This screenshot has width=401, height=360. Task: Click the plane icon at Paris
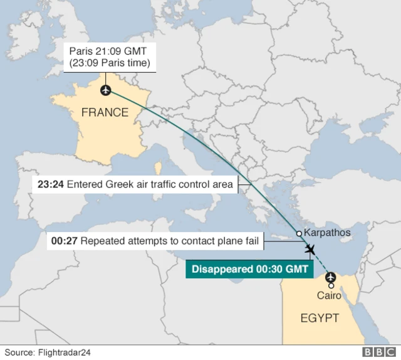pyautogui.click(x=105, y=91)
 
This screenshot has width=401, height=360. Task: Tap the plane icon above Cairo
pyautogui.click(x=331, y=277)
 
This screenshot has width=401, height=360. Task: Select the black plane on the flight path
pyautogui.click(x=310, y=250)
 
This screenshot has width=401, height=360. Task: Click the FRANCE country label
pyautogui.click(x=105, y=113)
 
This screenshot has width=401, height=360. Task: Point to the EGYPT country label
pyautogui.click(x=319, y=318)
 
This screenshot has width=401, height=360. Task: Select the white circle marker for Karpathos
pyautogui.click(x=299, y=233)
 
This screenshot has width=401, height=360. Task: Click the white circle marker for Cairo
pyautogui.click(x=331, y=286)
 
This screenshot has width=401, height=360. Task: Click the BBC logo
pyautogui.click(x=378, y=352)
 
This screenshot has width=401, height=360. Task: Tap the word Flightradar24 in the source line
pyautogui.click(x=65, y=352)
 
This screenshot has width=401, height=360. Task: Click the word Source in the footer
pyautogui.click(x=19, y=352)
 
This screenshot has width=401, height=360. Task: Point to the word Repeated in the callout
pyautogui.click(x=101, y=241)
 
